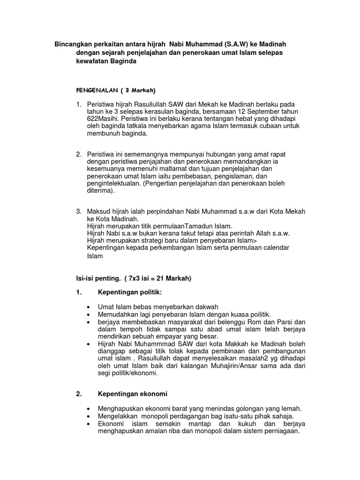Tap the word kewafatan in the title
tap(95, 62)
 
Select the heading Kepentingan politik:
tap(130, 292)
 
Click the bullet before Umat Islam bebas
tap(89, 307)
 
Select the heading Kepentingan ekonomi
tap(133, 394)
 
